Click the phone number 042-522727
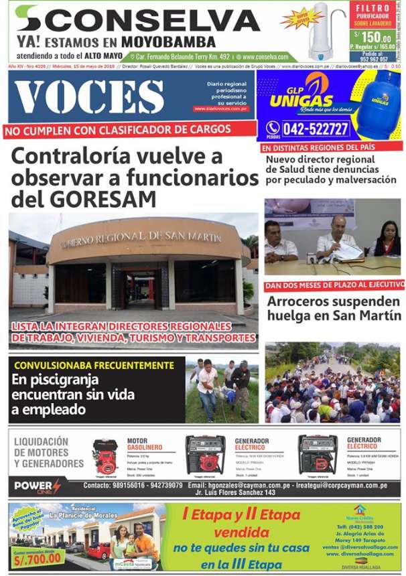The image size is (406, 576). (315, 129)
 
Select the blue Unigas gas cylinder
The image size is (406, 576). (379, 100)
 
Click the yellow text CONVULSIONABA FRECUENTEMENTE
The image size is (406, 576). (94, 366)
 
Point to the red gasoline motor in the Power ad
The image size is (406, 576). (106, 457)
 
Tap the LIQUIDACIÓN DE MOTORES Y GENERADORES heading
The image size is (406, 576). (49, 452)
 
